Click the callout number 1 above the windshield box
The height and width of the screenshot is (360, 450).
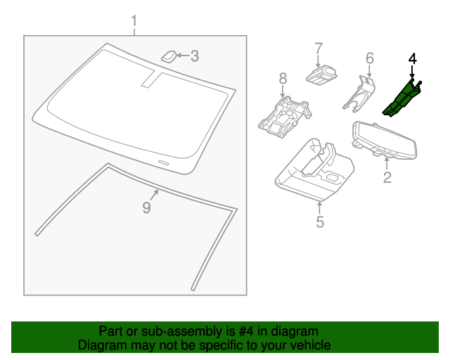(134, 22)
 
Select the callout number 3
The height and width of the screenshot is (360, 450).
(195, 56)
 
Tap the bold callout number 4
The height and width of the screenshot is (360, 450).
(413, 58)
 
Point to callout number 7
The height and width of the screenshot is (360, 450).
(319, 49)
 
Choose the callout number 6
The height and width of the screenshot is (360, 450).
(370, 58)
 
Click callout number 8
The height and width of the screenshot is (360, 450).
(283, 78)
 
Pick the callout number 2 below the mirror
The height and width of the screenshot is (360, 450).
(387, 177)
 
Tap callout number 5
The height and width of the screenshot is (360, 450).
(320, 222)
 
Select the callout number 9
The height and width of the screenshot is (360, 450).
(147, 207)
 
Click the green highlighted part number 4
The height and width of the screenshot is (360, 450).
(401, 98)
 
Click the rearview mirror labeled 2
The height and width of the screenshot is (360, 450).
(385, 140)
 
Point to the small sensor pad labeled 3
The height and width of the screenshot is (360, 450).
(169, 56)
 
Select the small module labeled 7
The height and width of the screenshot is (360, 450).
(321, 75)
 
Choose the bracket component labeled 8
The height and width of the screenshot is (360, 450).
(284, 117)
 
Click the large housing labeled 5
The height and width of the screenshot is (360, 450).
(314, 171)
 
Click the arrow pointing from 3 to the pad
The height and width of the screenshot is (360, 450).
(183, 55)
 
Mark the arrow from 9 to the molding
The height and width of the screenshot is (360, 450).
(154, 195)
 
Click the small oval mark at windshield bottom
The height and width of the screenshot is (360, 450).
(164, 162)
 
